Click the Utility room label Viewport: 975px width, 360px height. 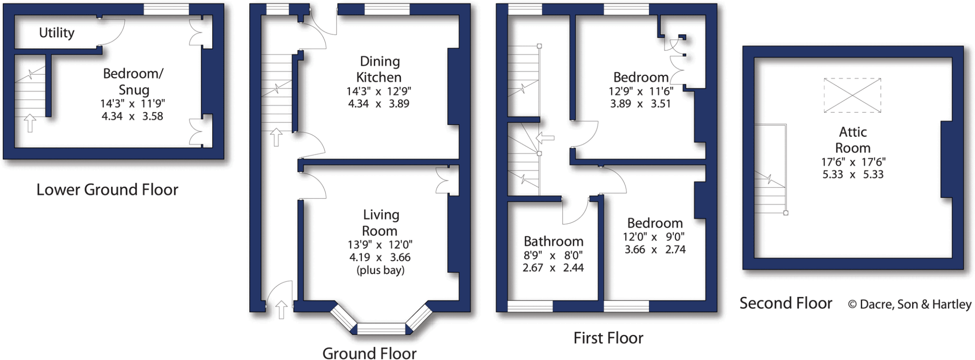[57, 33]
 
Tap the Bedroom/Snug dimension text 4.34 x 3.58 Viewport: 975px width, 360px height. [132, 116]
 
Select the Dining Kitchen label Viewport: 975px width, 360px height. [379, 69]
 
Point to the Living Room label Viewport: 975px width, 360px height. [380, 222]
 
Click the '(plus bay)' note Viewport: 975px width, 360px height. [380, 270]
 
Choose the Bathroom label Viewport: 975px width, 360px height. [553, 241]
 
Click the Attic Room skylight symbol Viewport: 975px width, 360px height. [852, 95]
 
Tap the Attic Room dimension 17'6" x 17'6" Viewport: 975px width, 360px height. [853, 162]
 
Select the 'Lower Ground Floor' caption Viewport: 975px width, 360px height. [107, 190]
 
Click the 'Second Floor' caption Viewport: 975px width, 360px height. [786, 303]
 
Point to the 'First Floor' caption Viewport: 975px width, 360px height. [608, 338]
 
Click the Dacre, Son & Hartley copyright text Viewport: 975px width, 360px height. [909, 304]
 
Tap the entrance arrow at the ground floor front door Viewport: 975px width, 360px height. [281, 310]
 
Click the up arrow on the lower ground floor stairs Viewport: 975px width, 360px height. [30, 123]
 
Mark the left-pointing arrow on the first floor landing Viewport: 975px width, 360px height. [545, 138]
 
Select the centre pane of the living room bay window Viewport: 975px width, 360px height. [381, 329]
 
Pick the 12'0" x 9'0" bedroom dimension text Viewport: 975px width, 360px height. [654, 237]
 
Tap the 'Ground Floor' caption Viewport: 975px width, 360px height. [369, 353]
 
